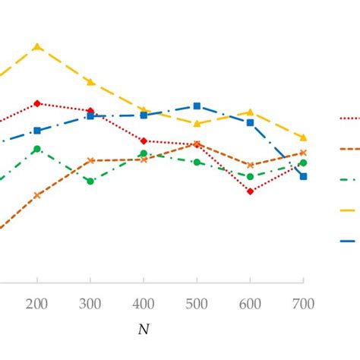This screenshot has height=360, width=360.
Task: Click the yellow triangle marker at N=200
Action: pos(36,47)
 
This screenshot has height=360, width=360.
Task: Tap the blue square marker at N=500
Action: pos(197,106)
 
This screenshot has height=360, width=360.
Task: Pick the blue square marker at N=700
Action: pos(303,176)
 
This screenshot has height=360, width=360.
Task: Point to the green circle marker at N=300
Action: pos(90,182)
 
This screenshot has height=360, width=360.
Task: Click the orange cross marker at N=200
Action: pos(36,195)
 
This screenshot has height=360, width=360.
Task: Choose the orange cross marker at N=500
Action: pos(197,144)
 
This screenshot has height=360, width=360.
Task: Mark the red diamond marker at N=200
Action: pos(36,103)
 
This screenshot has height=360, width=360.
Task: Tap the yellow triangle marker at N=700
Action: pos(303,137)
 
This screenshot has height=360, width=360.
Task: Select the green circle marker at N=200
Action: pos(36,149)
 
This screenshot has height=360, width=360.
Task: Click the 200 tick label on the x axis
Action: pos(36,304)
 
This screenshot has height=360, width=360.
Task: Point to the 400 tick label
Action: pos(144,304)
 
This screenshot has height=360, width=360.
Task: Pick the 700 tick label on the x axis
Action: pos(303,304)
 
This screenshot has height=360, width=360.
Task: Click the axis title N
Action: pos(144,330)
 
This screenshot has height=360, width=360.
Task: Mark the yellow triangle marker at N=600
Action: pos(250,112)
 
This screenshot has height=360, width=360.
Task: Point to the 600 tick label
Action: pos(250,304)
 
